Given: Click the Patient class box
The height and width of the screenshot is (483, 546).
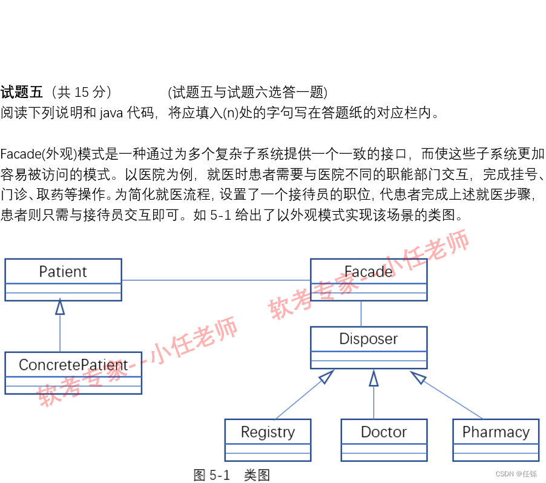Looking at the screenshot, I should pos(63,279).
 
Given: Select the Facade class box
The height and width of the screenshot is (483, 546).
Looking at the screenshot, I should pos(368,279).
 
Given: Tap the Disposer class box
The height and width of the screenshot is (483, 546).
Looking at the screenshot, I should pos(368,347).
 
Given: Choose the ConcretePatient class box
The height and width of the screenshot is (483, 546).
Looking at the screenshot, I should pos(73,372).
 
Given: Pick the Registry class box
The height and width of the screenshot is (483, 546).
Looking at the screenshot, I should pos(268,439).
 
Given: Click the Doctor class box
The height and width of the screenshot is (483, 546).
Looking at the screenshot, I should pos(383,439).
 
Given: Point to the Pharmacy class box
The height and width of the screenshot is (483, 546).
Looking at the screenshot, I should pos(495,439).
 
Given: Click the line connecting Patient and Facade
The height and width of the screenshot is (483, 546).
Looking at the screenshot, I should pos(215,280).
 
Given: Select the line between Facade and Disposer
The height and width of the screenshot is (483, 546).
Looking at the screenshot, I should pos(361,314).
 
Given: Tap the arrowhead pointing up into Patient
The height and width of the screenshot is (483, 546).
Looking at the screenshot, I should pos(60,306).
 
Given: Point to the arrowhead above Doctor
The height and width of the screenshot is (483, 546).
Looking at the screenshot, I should pos(373,378).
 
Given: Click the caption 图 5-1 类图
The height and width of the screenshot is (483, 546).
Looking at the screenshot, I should pos(231,475).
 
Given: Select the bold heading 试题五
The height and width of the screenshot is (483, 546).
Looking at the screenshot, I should pos(22,93).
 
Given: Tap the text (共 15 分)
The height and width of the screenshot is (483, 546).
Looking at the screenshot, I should pos(82,93).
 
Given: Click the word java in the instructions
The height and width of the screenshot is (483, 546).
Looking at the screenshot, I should pos(111,113).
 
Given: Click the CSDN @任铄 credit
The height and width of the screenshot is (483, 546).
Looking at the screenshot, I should pos(516,474).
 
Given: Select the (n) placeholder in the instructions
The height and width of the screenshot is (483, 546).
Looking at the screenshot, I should pos(231,113).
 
